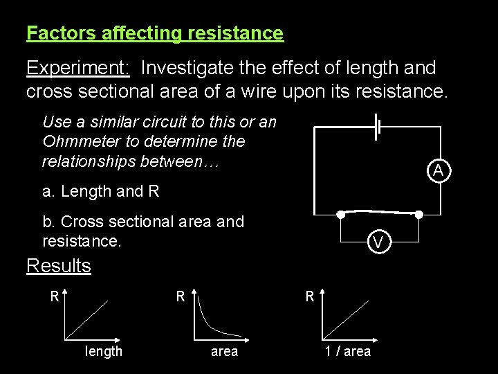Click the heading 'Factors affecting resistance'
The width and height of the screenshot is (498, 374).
coord(155,33)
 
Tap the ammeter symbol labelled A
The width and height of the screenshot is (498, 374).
coord(438,170)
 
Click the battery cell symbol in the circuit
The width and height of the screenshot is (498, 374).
coord(377,127)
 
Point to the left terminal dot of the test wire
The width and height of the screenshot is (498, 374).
coord(340,215)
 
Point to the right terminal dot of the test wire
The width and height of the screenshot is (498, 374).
coord(419,215)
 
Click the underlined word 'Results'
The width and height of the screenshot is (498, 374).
coord(59,266)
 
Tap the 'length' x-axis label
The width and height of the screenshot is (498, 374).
coord(104,352)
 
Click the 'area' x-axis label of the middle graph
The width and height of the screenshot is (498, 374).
coord(224,352)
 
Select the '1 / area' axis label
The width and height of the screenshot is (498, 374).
coord(348,352)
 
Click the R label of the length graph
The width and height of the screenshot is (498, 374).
coord(54,296)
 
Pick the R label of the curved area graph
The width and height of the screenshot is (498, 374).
coord(180,296)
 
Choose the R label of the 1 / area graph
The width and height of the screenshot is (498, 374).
coord(311,296)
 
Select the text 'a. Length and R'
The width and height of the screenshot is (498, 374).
coord(101,192)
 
